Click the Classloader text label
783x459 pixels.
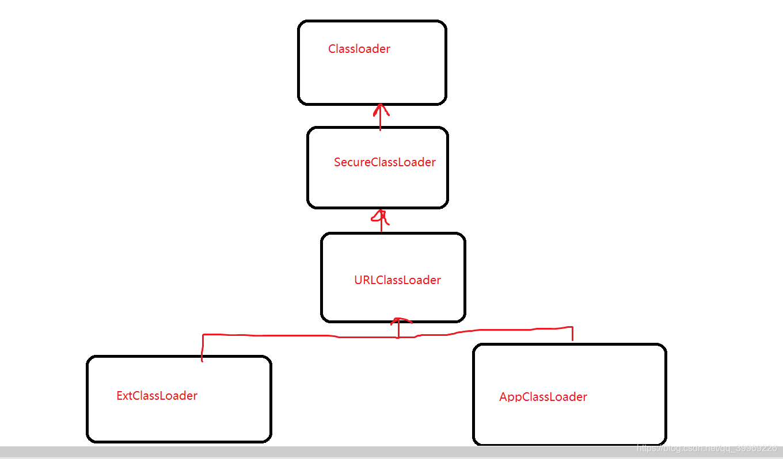point(359,49)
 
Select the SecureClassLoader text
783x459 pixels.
point(385,162)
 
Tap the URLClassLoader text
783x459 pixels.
point(397,280)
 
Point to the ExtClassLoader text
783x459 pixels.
point(157,396)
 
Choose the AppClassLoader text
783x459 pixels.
point(543,397)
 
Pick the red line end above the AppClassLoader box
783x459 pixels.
point(572,338)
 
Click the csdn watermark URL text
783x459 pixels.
point(707,447)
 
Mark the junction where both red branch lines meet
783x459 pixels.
point(398,337)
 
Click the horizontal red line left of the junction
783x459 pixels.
point(288,335)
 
